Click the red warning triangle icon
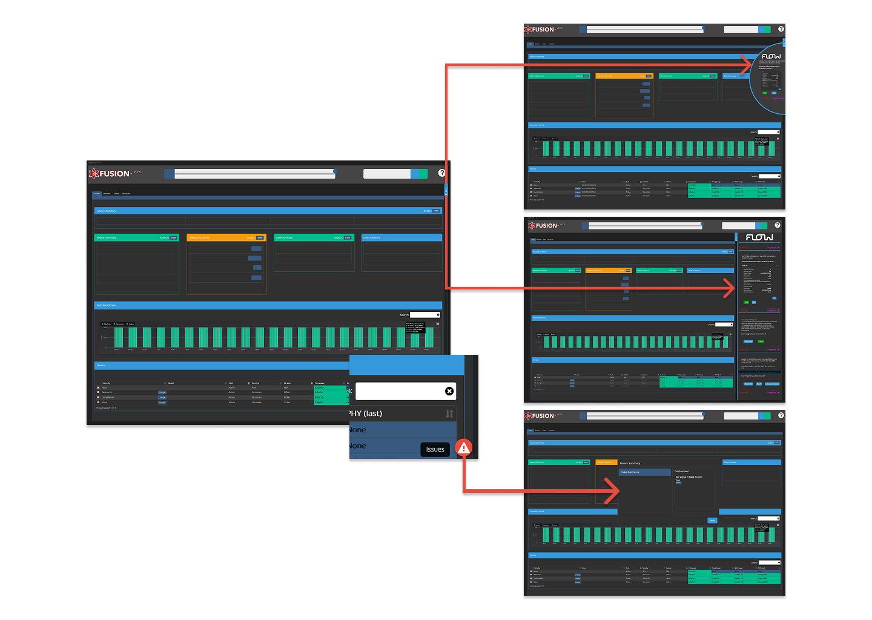(463, 448)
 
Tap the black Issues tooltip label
(435, 449)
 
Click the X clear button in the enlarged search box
(449, 391)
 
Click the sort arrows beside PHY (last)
(449, 414)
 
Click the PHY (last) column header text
(366, 414)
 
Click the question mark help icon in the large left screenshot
(441, 173)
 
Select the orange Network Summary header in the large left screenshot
(226, 237)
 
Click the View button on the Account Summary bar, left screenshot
(436, 211)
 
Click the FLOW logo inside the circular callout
(771, 56)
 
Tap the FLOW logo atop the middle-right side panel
(759, 237)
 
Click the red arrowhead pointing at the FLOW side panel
(729, 288)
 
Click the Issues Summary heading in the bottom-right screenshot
(630, 463)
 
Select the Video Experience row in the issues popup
(644, 472)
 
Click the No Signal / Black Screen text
(689, 477)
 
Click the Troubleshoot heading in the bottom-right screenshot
(682, 471)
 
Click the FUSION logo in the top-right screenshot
(540, 29)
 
